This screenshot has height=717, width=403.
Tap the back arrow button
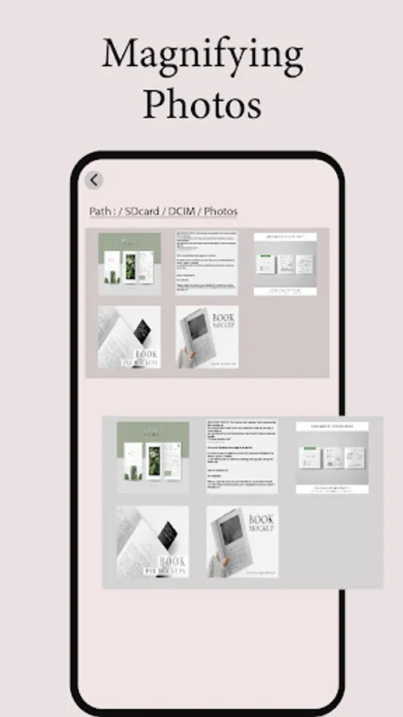click(94, 181)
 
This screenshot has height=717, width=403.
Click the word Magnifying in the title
click(202, 56)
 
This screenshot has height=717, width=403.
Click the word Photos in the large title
click(202, 104)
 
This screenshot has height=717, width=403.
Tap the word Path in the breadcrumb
click(100, 212)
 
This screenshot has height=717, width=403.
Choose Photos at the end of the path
click(221, 212)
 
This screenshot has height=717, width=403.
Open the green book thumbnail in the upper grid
click(129, 264)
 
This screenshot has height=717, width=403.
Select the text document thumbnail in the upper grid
click(206, 264)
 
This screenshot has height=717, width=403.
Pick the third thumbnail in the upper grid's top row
click(285, 264)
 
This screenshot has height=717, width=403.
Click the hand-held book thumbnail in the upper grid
click(206, 337)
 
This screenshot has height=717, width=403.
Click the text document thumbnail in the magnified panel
click(242, 456)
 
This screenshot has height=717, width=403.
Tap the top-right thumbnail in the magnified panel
click(334, 457)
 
